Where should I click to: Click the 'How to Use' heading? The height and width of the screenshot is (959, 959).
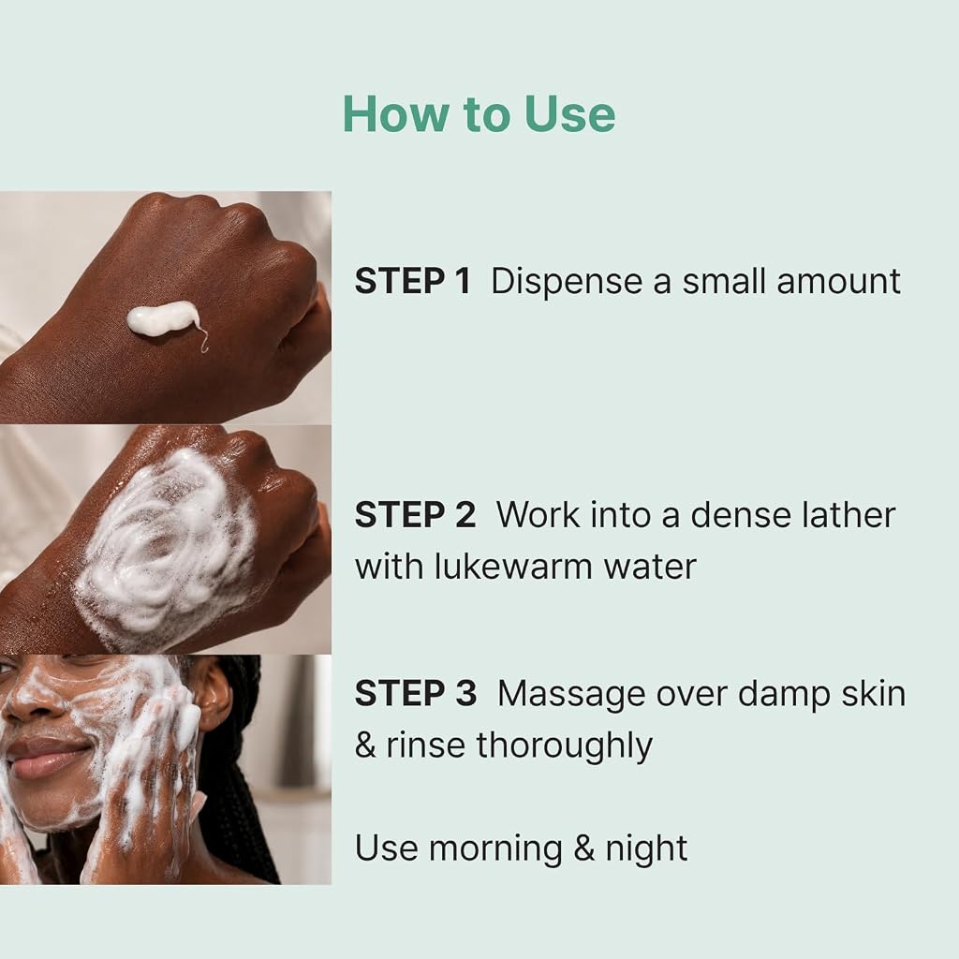tap(479, 113)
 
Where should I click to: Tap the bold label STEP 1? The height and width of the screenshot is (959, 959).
tap(413, 281)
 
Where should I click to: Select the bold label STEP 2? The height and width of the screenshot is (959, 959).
tap(415, 515)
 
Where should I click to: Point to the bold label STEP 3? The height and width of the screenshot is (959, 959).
tap(415, 694)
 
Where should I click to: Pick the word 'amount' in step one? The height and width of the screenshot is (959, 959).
tap(838, 282)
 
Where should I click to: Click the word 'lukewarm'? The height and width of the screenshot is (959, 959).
tap(514, 567)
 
